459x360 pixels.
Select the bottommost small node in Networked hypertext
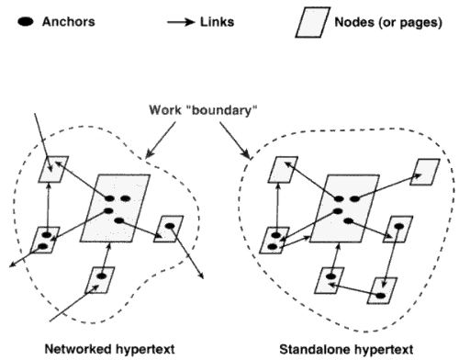[x=99, y=278]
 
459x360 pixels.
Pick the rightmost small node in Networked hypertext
[x=170, y=229]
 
